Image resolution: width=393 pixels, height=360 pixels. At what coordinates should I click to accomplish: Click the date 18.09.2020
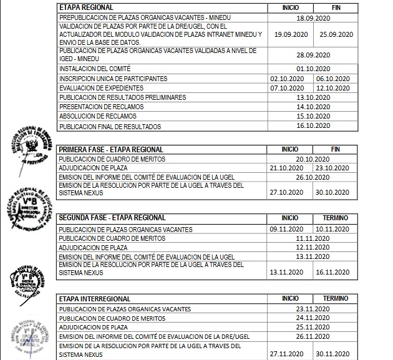click(313, 19)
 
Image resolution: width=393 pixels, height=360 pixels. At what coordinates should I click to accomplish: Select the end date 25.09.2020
click(336, 35)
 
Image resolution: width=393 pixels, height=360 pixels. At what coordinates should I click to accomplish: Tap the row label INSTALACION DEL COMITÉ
click(94, 69)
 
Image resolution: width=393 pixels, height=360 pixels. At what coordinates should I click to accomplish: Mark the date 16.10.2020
click(313, 126)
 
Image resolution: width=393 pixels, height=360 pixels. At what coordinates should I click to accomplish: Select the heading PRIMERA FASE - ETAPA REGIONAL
click(110, 150)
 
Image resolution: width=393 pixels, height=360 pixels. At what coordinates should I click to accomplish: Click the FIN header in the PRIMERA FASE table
click(336, 150)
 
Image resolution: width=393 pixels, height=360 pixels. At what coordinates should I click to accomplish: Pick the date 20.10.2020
click(313, 159)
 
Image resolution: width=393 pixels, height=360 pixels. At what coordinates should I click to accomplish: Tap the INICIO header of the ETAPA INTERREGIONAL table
click(290, 299)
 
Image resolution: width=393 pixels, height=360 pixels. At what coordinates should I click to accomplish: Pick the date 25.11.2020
click(313, 327)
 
